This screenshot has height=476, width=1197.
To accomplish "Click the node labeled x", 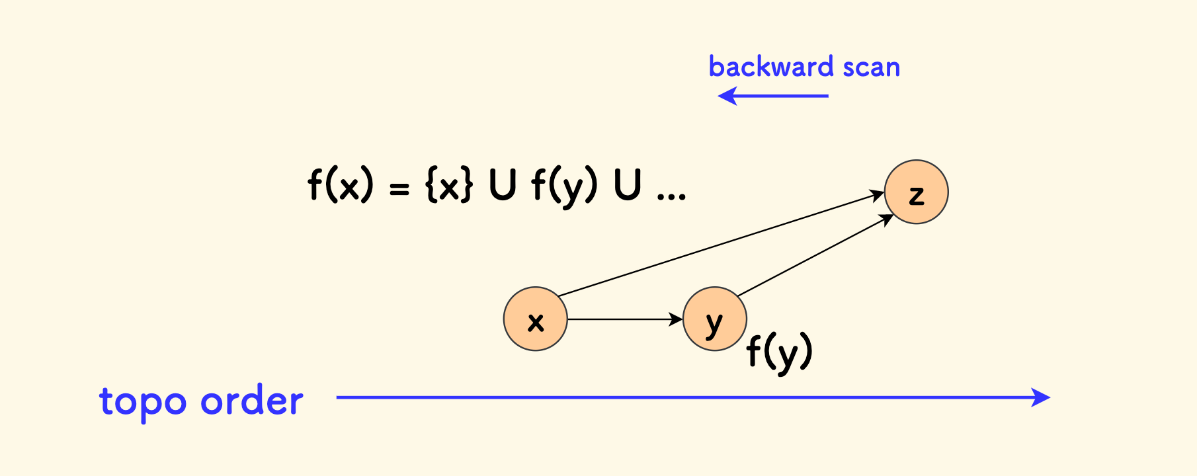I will pos(535,319).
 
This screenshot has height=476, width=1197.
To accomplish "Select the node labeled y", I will pos(714,319).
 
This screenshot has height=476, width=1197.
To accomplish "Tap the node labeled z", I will pos(916,192).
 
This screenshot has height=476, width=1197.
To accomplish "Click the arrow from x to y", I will pos(624,319).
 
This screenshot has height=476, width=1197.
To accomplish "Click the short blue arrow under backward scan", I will pos(773,97).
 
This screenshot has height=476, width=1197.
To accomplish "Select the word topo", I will pos(143,401).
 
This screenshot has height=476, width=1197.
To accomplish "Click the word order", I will pos(252,401).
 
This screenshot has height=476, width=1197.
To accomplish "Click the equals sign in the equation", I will pos(399,189).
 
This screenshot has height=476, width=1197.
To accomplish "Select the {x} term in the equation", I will pos(449,186).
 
